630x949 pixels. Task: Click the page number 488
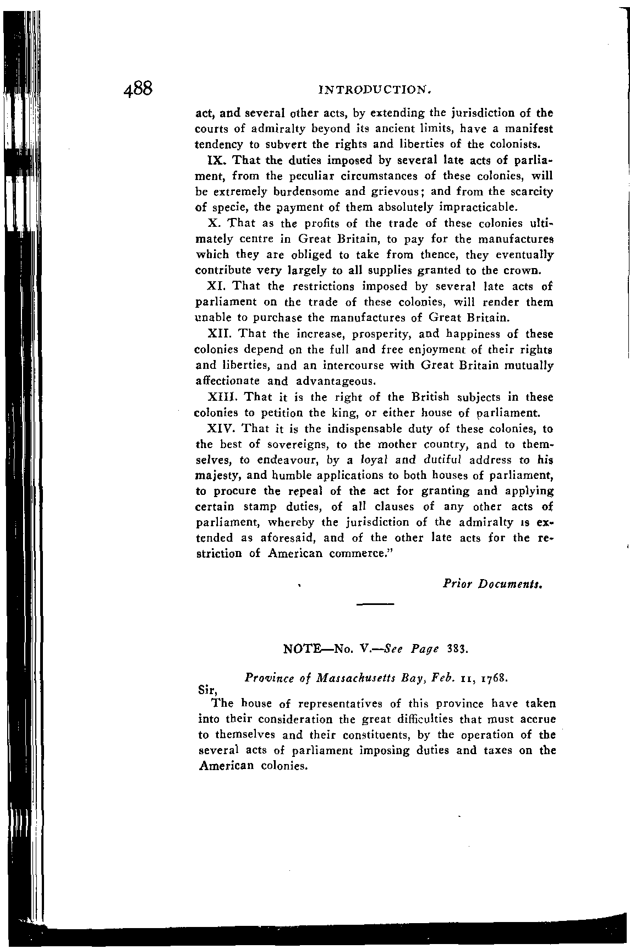coord(141,89)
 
